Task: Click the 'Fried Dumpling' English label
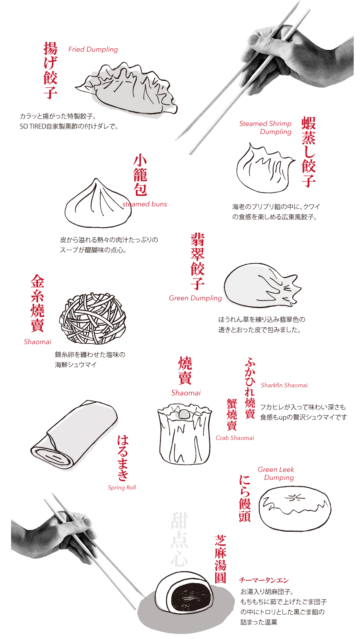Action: click(93, 49)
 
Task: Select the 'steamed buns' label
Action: click(145, 204)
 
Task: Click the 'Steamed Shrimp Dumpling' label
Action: click(265, 127)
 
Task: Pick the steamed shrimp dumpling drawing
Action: click(265, 167)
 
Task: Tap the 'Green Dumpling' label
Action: click(195, 298)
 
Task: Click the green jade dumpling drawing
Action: click(262, 286)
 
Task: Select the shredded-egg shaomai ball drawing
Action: click(93, 318)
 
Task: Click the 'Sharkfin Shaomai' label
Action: click(284, 385)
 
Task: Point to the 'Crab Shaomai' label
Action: click(235, 438)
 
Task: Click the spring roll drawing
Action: click(74, 434)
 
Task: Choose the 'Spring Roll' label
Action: click(122, 487)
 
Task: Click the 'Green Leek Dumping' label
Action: click(276, 473)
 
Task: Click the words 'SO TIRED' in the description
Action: click(33, 127)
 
